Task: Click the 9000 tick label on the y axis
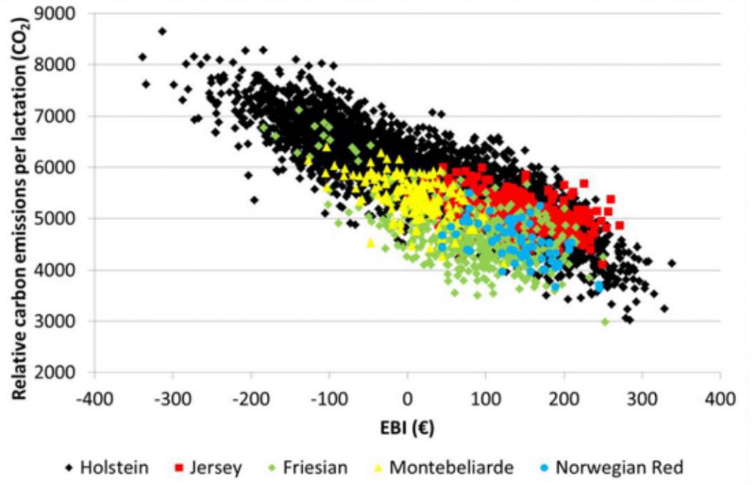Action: click(x=65, y=13)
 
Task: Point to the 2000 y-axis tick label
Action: click(x=65, y=373)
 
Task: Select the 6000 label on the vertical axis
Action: click(x=65, y=167)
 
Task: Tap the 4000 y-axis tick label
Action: click(x=65, y=270)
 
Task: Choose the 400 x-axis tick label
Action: click(x=720, y=400)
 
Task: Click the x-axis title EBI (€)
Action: click(x=407, y=426)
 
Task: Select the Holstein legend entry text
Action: click(x=114, y=467)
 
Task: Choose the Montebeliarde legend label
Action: click(x=451, y=467)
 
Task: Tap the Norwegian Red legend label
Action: click(x=620, y=467)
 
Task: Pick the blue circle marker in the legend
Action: click(x=543, y=468)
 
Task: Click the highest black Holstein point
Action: click(x=162, y=32)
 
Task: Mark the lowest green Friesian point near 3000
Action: click(x=605, y=322)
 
